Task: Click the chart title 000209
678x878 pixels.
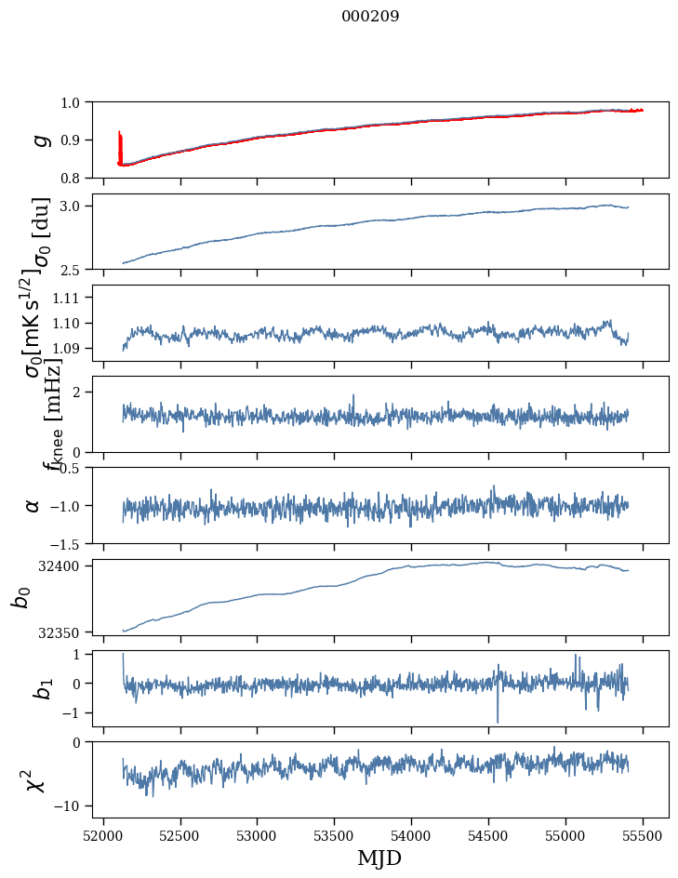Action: tap(370, 17)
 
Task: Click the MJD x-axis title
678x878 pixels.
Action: tap(379, 858)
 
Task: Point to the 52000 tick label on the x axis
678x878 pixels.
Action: tap(103, 834)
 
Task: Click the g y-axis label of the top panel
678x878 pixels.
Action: tap(39, 140)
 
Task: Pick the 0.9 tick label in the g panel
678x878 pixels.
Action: tap(71, 140)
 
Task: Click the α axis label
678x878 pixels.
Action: tap(33, 505)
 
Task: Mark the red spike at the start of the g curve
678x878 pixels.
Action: tap(120, 144)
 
